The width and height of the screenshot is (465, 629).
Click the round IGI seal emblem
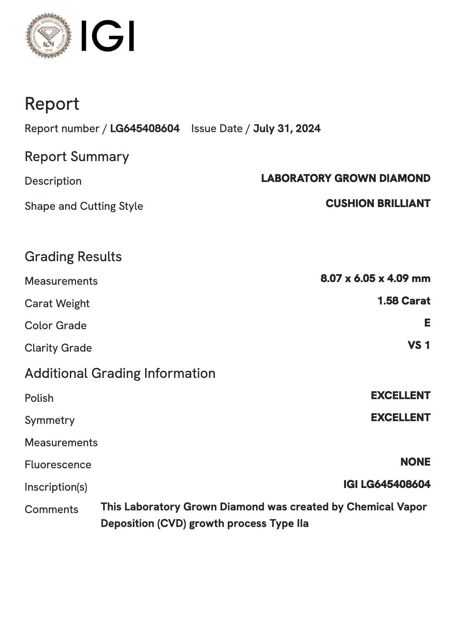pyautogui.click(x=49, y=36)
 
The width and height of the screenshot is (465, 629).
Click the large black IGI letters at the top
pyautogui.click(x=107, y=36)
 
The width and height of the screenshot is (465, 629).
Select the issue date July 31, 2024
pyautogui.click(x=287, y=129)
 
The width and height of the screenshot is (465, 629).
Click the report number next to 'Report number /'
pyautogui.click(x=145, y=129)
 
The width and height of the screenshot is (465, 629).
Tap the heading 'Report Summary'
pyautogui.click(x=77, y=156)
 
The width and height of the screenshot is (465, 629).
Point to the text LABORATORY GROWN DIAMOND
pyautogui.click(x=346, y=178)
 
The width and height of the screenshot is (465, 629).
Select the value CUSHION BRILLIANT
pyautogui.click(x=378, y=203)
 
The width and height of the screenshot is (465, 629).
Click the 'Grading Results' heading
pyautogui.click(x=73, y=257)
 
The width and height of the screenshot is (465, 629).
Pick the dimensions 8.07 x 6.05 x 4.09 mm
pyautogui.click(x=375, y=278)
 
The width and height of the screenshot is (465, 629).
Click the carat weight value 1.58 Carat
pyautogui.click(x=404, y=301)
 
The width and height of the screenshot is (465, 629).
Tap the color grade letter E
pyautogui.click(x=427, y=323)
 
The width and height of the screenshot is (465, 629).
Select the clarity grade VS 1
pyautogui.click(x=419, y=345)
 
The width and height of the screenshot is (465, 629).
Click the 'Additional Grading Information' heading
pyautogui.click(x=120, y=373)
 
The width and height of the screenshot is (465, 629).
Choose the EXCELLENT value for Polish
pyautogui.click(x=401, y=395)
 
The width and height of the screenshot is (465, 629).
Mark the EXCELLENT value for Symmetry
pyautogui.click(x=401, y=417)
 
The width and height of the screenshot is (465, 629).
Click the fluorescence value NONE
pyautogui.click(x=415, y=462)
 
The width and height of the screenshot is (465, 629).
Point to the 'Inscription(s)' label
pyautogui.click(x=56, y=487)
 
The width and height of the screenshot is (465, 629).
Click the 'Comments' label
pyautogui.click(x=51, y=509)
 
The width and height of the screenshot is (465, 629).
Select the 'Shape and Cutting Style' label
pyautogui.click(x=84, y=206)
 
